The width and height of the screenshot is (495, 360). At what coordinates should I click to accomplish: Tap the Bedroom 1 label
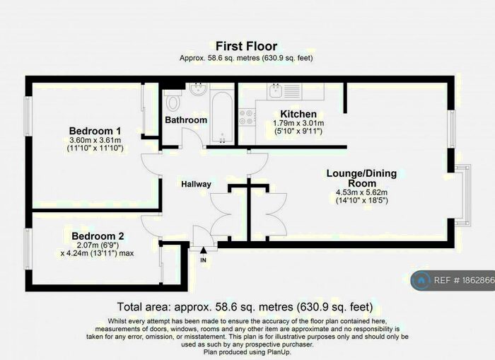point(95,131)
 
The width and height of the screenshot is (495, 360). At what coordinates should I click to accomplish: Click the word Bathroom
point(186,120)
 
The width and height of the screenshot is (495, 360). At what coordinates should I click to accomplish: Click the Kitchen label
point(298,114)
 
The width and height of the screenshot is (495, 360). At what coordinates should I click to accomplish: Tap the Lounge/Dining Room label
point(361,178)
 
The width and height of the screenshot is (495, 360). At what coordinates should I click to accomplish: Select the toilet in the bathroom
point(173,100)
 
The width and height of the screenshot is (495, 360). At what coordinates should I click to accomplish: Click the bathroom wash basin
point(198,90)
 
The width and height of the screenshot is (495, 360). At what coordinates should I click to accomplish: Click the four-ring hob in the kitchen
point(248,117)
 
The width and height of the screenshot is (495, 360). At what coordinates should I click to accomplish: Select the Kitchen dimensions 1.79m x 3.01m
point(298,123)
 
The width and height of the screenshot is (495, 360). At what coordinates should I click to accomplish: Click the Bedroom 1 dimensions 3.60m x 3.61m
point(95,140)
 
